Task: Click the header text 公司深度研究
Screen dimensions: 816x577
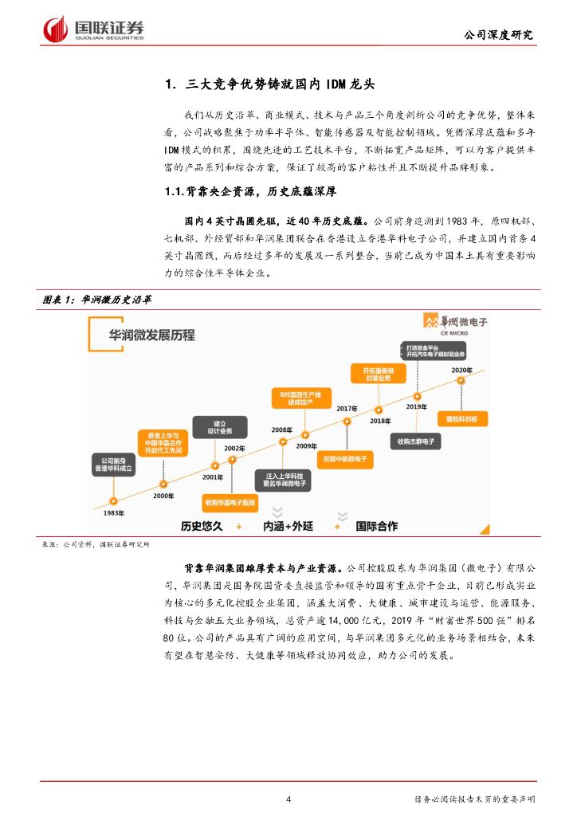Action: [x=499, y=36]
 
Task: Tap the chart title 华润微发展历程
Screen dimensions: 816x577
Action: [x=152, y=335]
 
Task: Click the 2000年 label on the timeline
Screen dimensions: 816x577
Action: [x=163, y=496]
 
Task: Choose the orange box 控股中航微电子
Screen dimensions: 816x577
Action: [x=345, y=460]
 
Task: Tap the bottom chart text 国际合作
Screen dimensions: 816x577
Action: [x=379, y=527]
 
